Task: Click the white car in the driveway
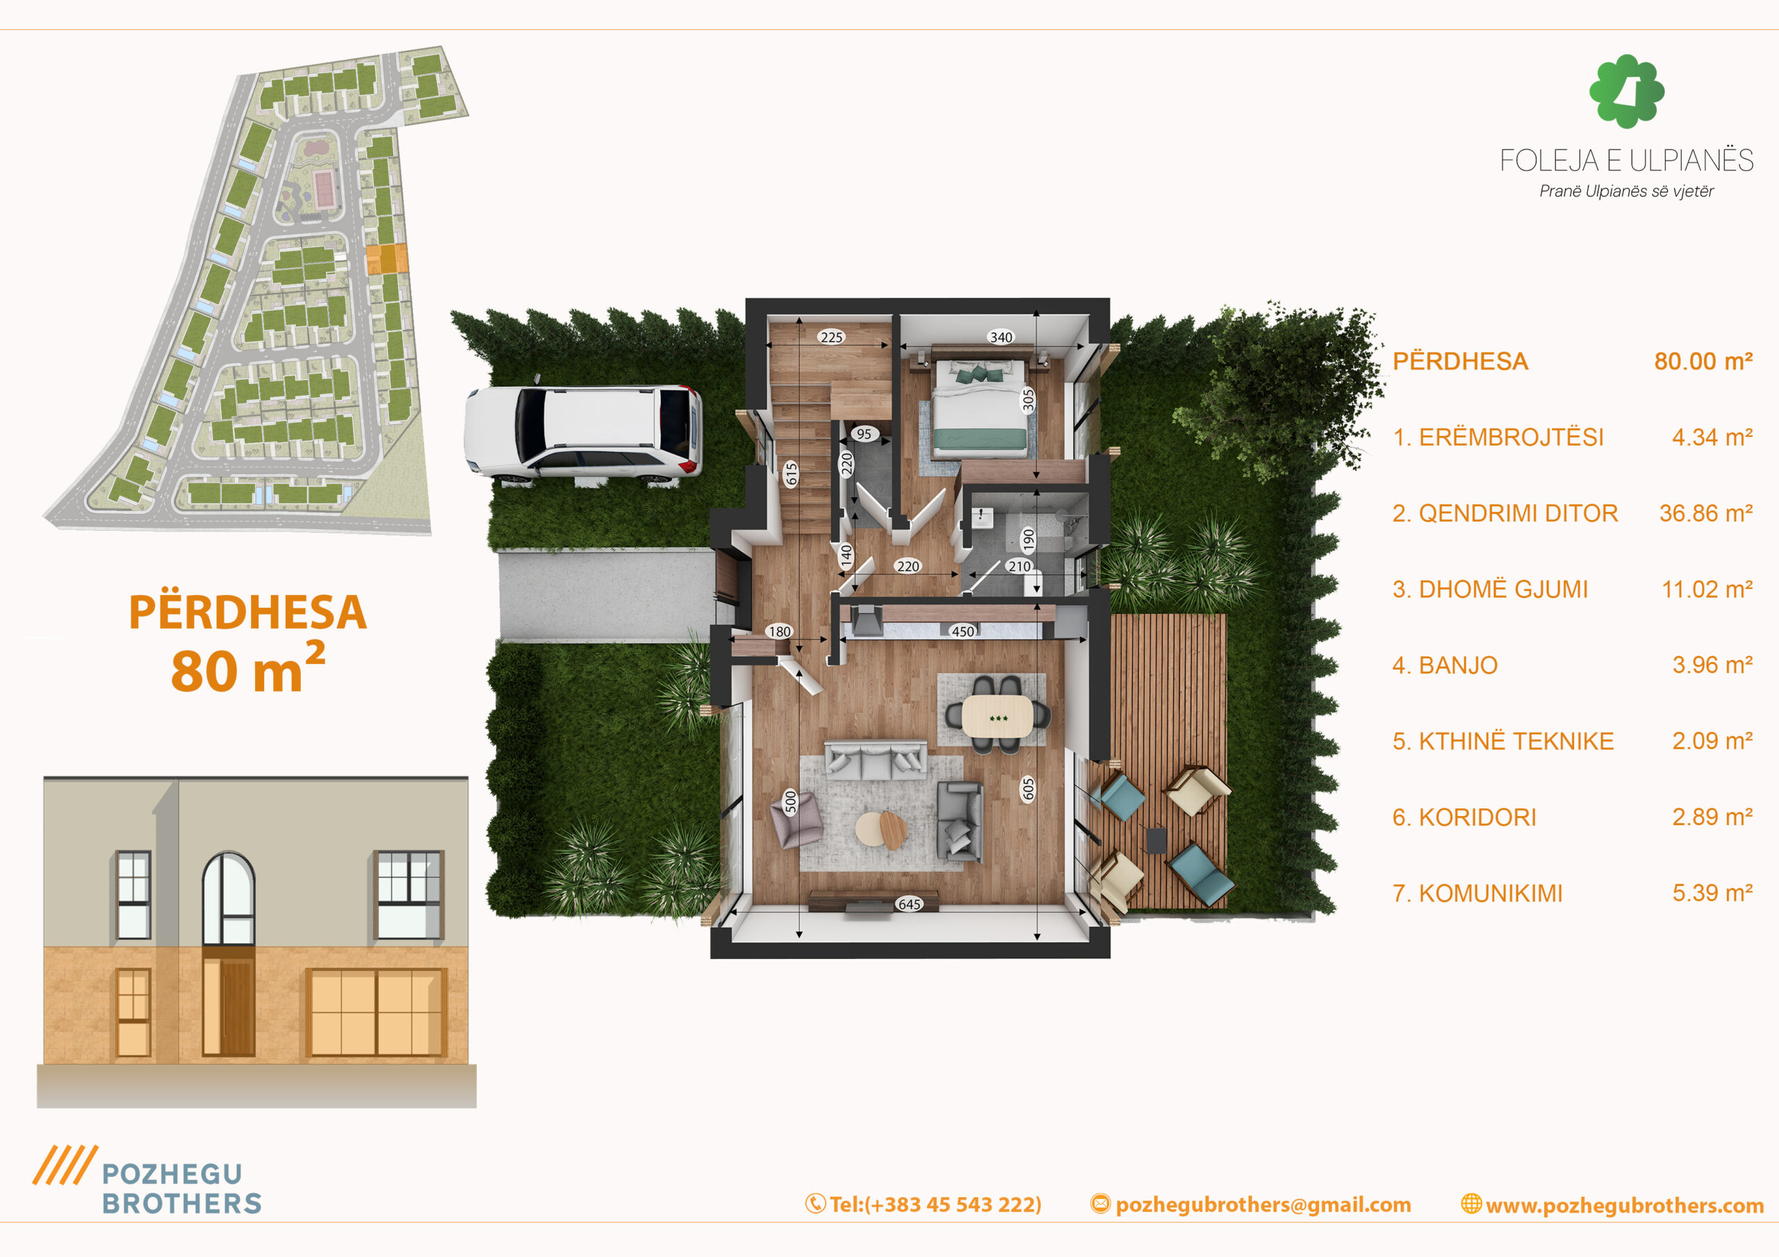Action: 582,431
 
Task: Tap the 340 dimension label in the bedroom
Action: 1001,337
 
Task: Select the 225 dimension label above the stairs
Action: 831,337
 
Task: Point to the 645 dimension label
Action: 909,904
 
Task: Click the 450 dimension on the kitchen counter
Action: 962,631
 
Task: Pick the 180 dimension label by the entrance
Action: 780,631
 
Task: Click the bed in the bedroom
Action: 980,406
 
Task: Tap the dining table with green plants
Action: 997,717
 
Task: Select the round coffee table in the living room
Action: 882,829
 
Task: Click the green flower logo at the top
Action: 1626,90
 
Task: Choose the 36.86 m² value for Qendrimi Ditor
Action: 1705,513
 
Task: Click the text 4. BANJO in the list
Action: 1444,665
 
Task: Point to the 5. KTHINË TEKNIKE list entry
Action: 1502,741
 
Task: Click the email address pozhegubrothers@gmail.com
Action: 1263,1204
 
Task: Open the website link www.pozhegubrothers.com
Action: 1624,1205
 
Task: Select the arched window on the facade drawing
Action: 228,898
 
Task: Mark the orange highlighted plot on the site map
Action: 386,258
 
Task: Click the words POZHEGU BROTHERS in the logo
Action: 181,1188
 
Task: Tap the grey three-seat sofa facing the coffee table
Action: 875,759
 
